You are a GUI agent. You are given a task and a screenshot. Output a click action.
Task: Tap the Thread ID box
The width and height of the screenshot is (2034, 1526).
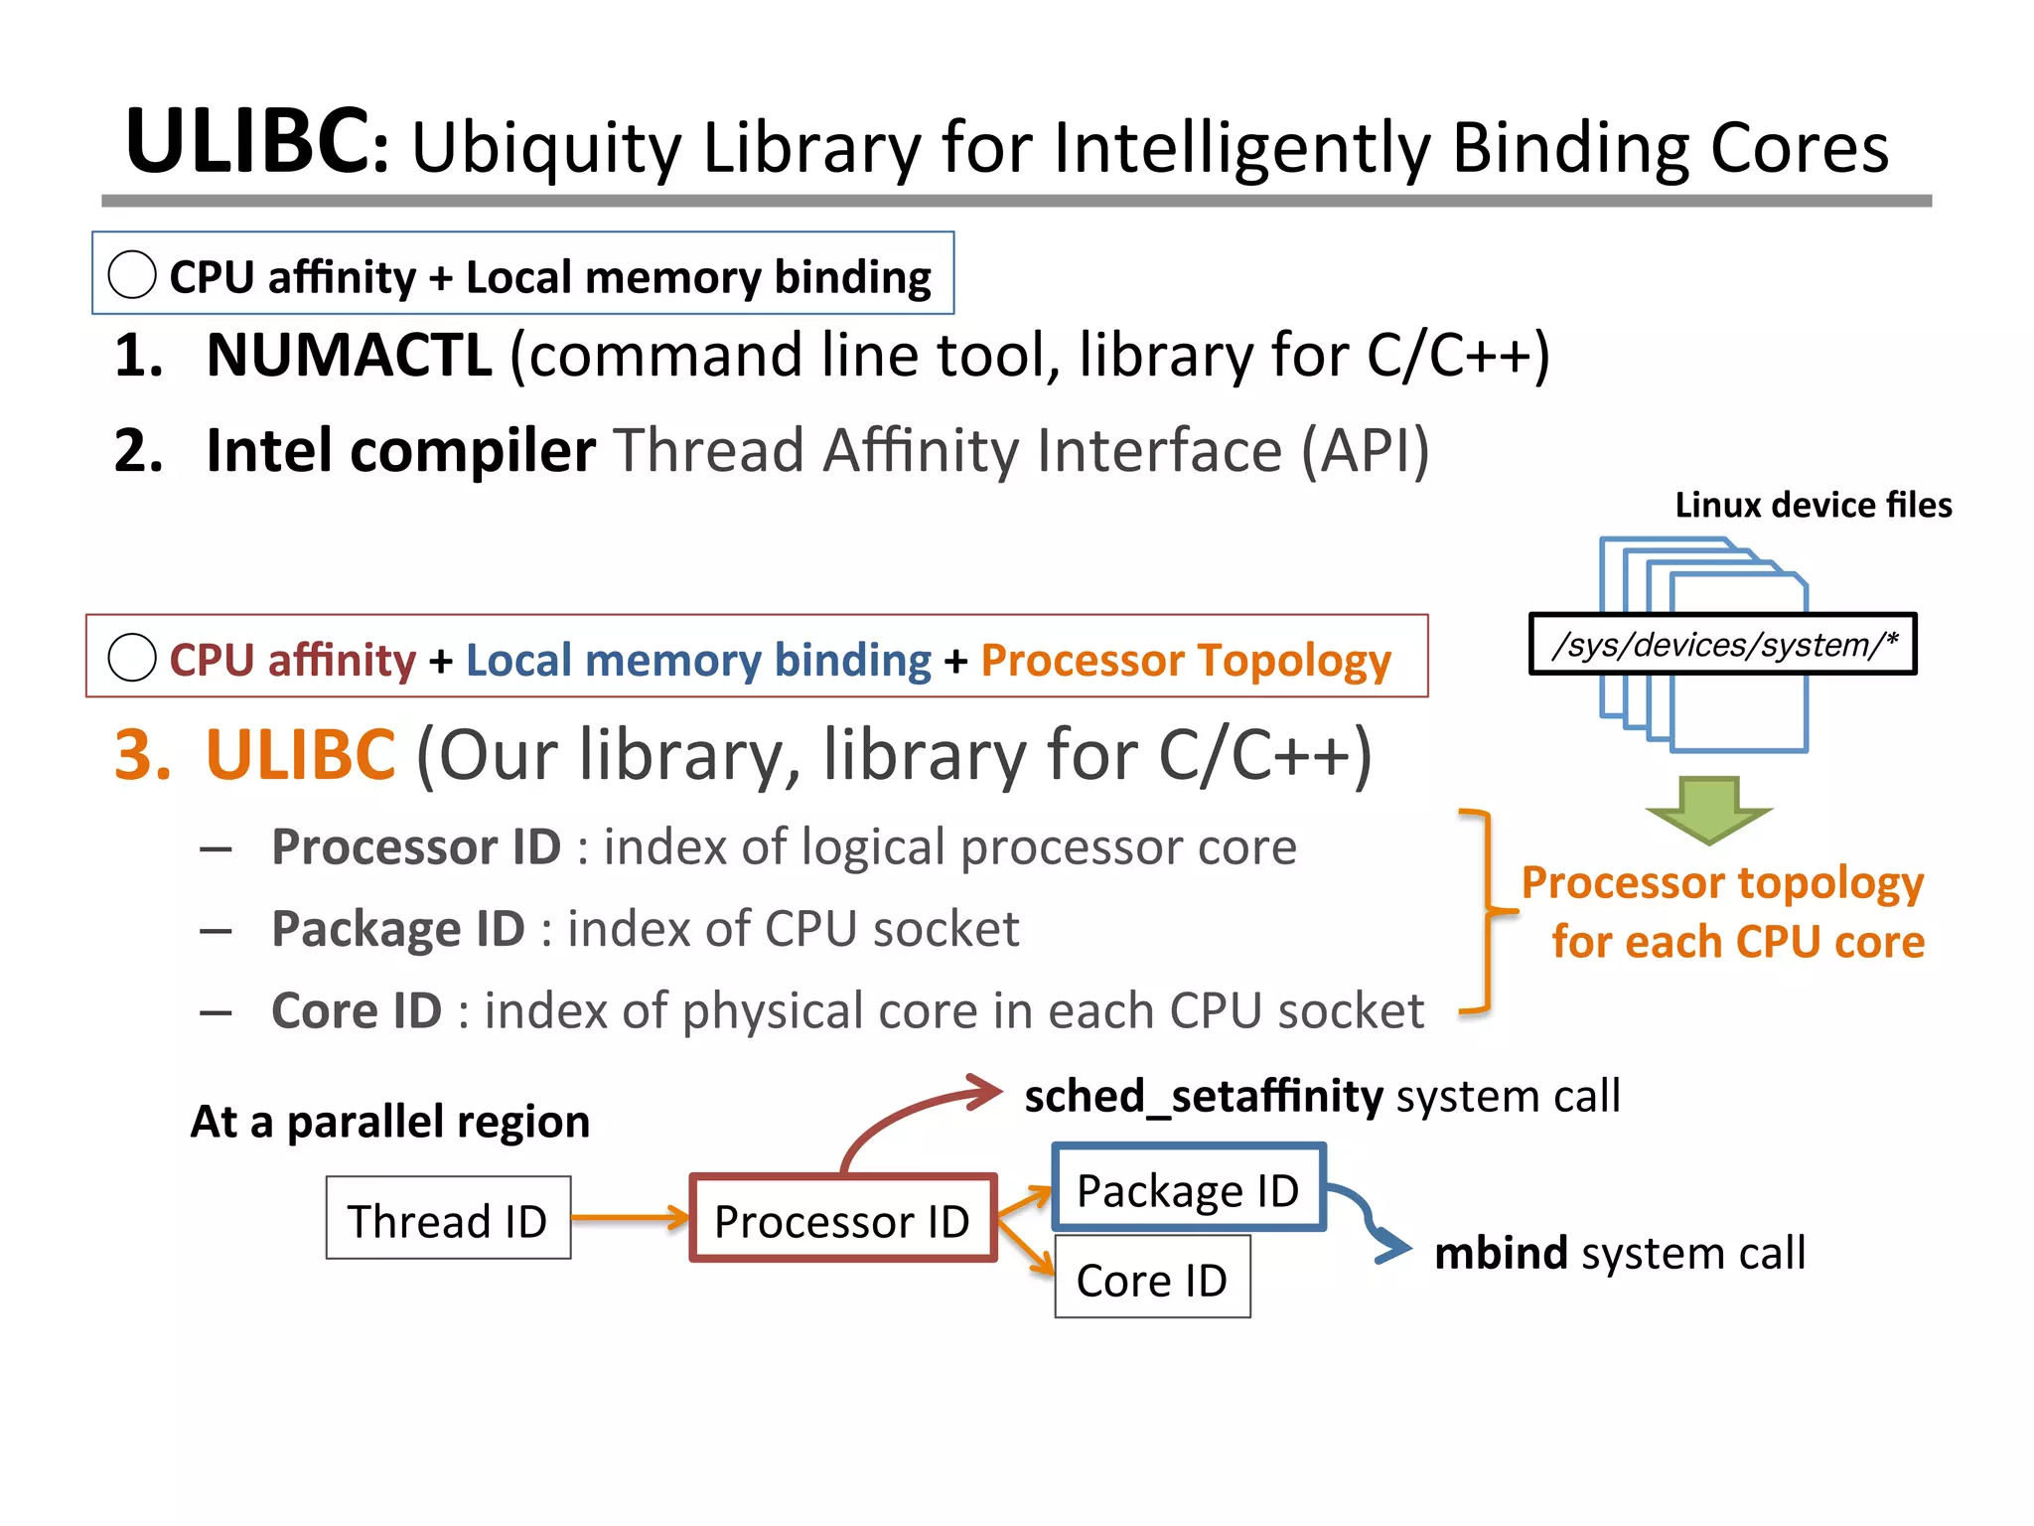(x=448, y=1219)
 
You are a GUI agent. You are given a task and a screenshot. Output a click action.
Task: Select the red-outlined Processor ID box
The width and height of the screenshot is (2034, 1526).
(x=842, y=1220)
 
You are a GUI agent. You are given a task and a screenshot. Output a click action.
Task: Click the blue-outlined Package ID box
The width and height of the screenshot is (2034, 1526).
(x=1188, y=1189)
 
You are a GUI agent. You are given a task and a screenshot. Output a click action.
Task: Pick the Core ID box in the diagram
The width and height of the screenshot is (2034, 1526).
(x=1152, y=1279)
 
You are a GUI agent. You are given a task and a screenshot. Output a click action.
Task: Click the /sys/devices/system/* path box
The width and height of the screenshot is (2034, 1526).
(x=1722, y=645)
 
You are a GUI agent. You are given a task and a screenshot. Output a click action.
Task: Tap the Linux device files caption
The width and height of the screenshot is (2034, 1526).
(x=1813, y=506)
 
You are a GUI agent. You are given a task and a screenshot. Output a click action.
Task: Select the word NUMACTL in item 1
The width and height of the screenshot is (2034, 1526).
(x=349, y=356)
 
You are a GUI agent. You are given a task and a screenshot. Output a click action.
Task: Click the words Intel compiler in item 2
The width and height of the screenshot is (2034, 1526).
(x=400, y=451)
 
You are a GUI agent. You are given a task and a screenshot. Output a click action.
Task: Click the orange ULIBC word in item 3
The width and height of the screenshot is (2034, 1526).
(x=300, y=755)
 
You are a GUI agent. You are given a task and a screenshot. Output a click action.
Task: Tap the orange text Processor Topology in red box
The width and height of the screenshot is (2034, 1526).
(x=1186, y=661)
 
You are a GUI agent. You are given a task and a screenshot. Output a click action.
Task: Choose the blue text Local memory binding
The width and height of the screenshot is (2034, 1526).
(x=698, y=661)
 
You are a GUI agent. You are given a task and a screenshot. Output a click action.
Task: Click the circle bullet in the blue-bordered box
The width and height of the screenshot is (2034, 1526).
(x=132, y=274)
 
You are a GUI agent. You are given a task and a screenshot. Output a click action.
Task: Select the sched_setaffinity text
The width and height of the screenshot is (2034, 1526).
(x=1203, y=1097)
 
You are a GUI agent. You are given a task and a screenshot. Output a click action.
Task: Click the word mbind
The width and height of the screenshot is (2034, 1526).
(x=1501, y=1254)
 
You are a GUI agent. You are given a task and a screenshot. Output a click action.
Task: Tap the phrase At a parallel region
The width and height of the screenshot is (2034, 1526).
(x=390, y=1122)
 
